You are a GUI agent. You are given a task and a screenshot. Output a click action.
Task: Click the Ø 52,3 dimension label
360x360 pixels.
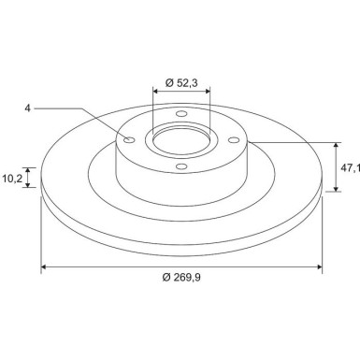click(181, 82)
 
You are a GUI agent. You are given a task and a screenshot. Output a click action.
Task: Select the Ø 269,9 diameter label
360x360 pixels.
click(181, 277)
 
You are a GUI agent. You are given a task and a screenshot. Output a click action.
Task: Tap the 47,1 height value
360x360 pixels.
click(351, 168)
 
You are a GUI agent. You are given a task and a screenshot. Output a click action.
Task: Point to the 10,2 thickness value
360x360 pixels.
click(12, 179)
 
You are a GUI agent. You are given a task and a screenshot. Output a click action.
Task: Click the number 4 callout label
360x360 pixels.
click(28, 108)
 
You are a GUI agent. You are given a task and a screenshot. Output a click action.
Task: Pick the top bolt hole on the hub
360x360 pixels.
click(181, 113)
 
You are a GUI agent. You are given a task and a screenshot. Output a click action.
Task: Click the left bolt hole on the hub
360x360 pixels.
click(129, 139)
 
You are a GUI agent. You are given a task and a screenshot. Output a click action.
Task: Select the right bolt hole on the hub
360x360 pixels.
click(234, 140)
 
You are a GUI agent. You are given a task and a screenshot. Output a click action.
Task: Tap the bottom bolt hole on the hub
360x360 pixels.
click(181, 166)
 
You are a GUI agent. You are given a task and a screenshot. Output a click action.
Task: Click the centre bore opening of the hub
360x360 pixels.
click(181, 140)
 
